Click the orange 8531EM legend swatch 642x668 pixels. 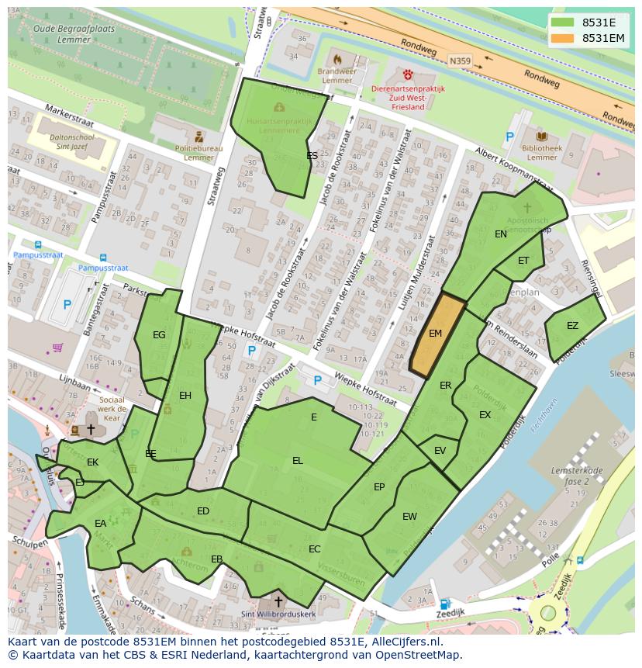(564, 38)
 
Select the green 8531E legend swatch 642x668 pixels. (564, 22)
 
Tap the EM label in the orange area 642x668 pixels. (435, 334)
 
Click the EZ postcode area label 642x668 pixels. (572, 326)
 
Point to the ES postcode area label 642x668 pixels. (312, 156)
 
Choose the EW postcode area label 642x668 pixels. (409, 517)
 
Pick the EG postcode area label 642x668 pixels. (159, 335)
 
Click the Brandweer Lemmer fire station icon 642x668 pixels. (337, 59)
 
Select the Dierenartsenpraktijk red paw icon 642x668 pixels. (408, 74)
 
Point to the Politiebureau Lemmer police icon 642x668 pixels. (199, 137)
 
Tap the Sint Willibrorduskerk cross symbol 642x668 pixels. (278, 602)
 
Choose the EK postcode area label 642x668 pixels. (93, 462)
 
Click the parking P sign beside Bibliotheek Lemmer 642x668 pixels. (509, 137)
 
